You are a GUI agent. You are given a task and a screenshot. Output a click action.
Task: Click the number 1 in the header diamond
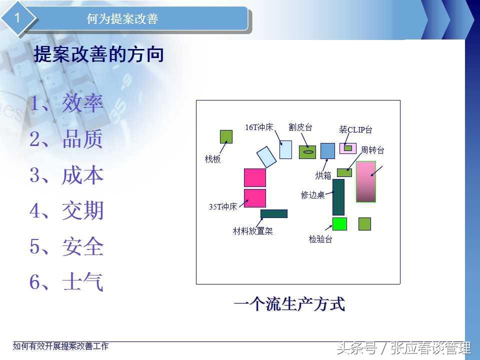[x=17, y=18]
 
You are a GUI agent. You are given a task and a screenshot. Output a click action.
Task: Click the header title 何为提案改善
[x=122, y=18]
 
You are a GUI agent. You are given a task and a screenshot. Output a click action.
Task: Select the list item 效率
[x=82, y=103]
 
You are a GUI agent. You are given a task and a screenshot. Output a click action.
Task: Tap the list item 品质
[x=82, y=139]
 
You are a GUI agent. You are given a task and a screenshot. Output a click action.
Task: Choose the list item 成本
[x=82, y=175]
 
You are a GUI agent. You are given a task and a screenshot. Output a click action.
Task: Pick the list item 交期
[x=82, y=210]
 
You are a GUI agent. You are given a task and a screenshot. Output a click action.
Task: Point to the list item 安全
[x=82, y=246]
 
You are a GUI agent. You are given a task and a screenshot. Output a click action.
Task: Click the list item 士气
[x=82, y=281]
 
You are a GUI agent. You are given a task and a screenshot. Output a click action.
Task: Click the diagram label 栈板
[x=212, y=159]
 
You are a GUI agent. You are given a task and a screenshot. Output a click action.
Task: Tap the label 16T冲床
[x=259, y=127]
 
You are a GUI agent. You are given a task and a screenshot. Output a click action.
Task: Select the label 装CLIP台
[x=355, y=129]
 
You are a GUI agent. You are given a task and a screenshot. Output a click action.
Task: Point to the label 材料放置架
[x=252, y=231]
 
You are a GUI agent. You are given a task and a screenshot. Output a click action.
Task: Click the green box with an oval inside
[x=307, y=152]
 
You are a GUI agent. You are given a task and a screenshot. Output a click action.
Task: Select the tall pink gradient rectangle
[x=366, y=182]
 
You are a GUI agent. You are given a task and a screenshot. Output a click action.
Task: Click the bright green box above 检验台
[x=340, y=224]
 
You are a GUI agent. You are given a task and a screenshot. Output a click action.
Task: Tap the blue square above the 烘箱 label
[x=327, y=150]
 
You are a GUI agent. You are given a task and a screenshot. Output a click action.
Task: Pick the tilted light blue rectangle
[x=266, y=157]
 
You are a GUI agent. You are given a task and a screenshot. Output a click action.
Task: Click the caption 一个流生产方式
[x=289, y=304]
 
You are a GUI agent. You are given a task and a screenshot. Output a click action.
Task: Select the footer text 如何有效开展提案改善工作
[x=60, y=346]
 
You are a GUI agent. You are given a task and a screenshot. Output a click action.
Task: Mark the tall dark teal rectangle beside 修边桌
[x=338, y=197]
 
